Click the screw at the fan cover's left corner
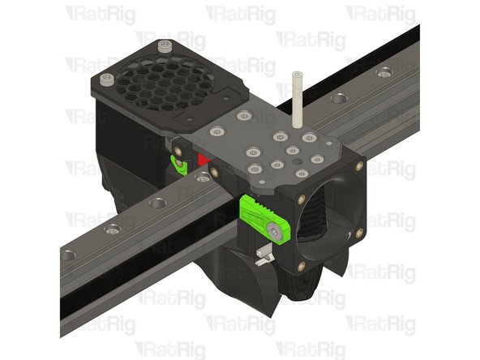click(107, 79)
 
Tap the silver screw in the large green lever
click(279, 233)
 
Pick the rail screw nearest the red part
click(158, 203)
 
